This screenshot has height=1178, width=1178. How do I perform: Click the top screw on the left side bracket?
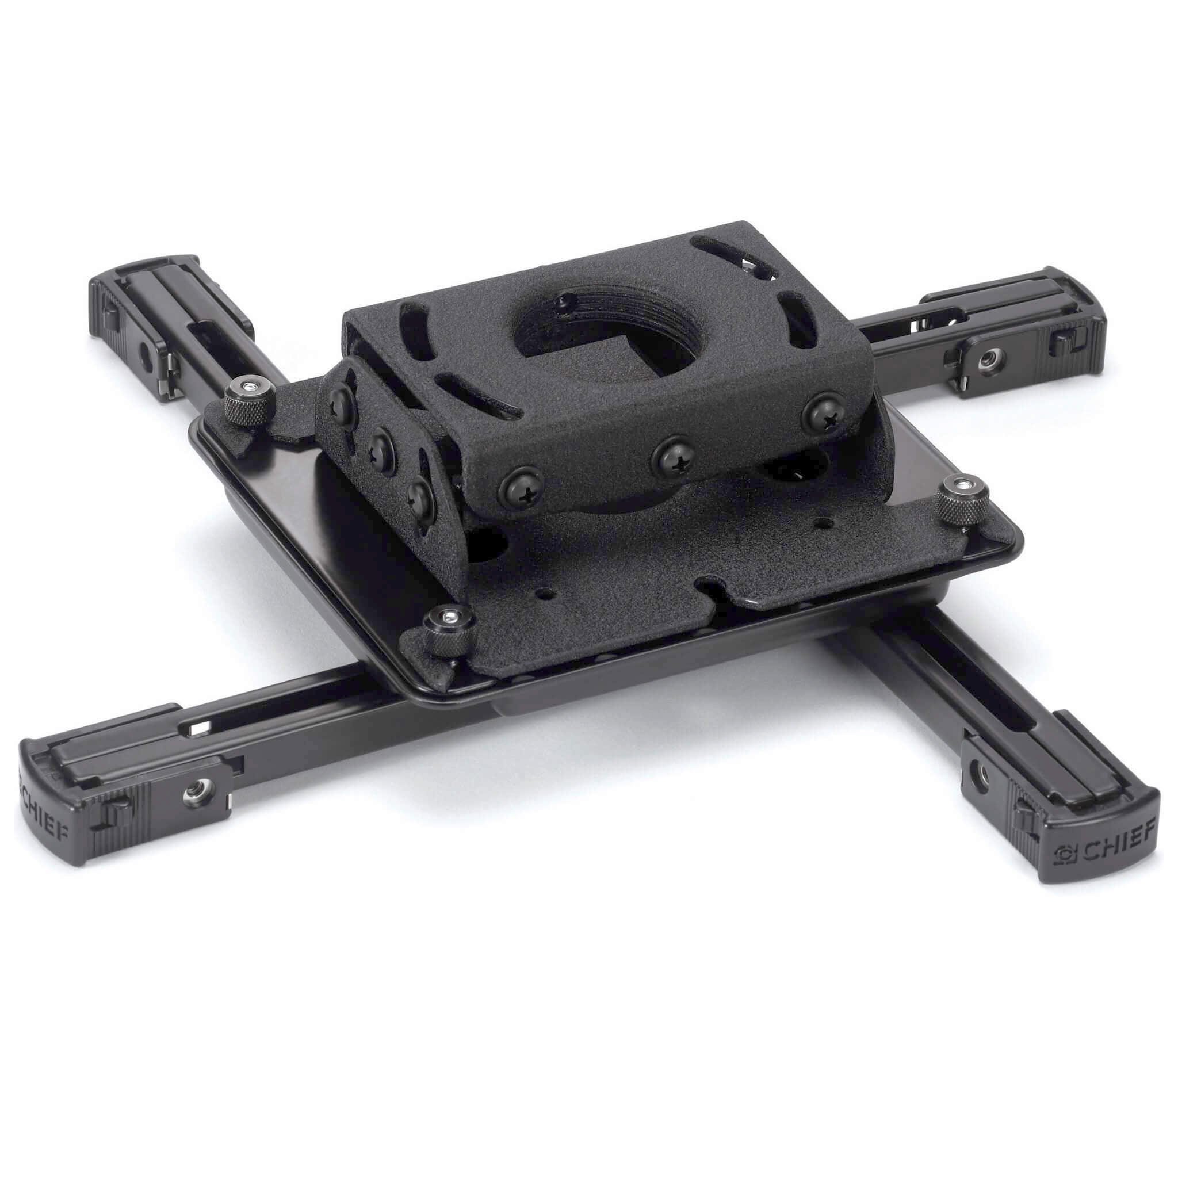point(341,403)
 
